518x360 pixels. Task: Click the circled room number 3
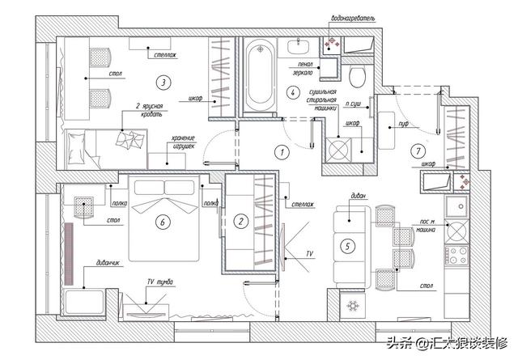click(163, 82)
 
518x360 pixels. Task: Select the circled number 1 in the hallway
click(282, 151)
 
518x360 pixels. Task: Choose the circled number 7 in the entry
click(416, 151)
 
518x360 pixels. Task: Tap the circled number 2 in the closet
click(240, 220)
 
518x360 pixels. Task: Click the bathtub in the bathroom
click(261, 74)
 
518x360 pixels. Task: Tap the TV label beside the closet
click(308, 253)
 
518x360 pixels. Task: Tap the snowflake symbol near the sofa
click(351, 305)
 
